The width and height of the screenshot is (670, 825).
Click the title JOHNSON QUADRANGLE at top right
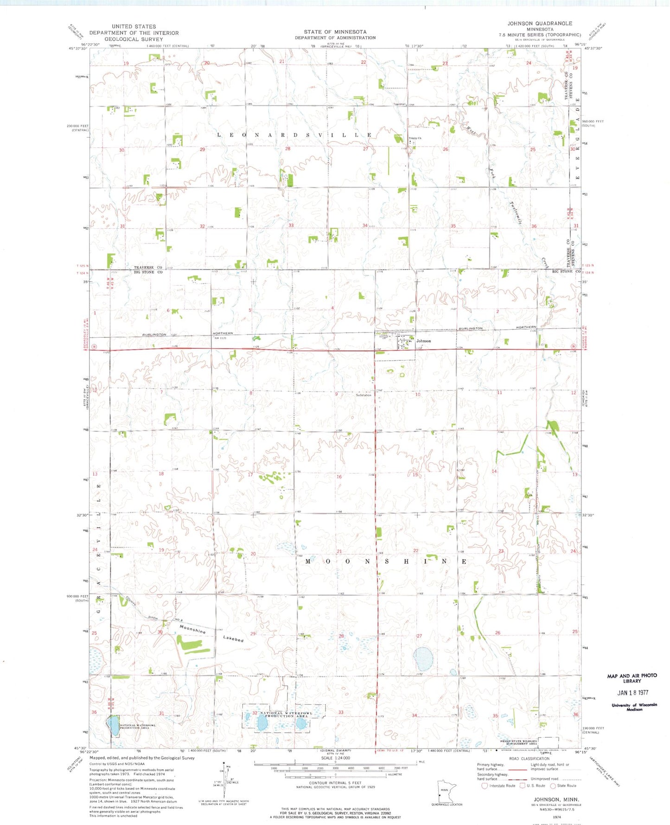pyautogui.click(x=540, y=23)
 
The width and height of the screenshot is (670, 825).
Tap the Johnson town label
pyautogui.click(x=423, y=341)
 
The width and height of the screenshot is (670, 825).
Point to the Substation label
pyautogui.click(x=364, y=395)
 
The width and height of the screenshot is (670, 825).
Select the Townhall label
pyautogui.click(x=400, y=104)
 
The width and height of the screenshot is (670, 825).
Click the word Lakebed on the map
pyautogui.click(x=233, y=639)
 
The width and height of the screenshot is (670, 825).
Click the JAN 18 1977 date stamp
pyautogui.click(x=632, y=693)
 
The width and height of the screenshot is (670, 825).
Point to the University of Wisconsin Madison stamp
pyautogui.click(x=632, y=707)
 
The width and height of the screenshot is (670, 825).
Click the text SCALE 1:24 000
pyautogui.click(x=335, y=758)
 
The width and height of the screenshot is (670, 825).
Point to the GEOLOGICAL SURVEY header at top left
pyautogui.click(x=134, y=39)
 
